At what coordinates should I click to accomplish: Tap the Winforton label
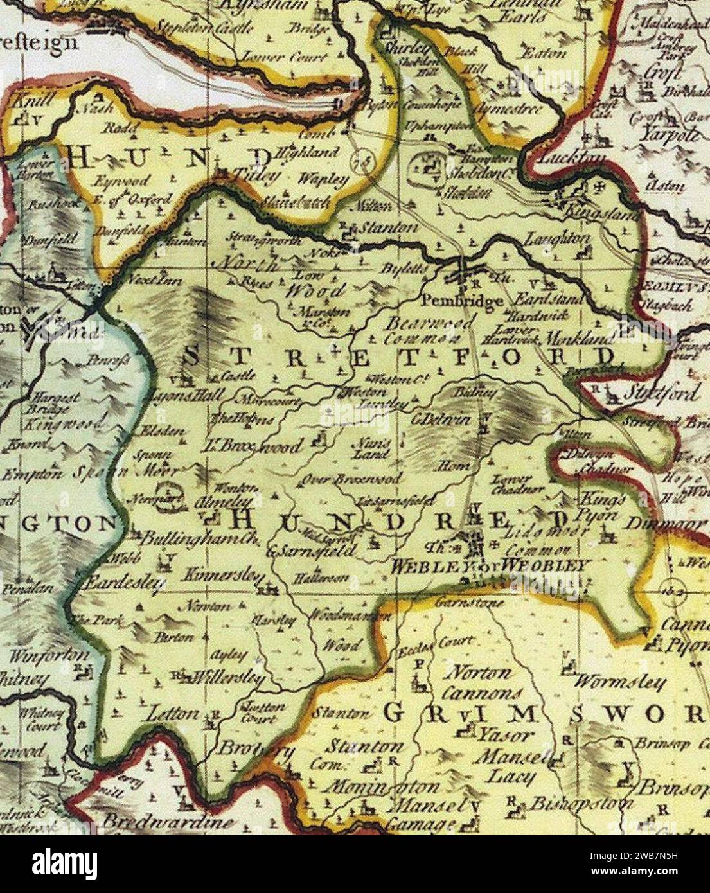49,656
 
